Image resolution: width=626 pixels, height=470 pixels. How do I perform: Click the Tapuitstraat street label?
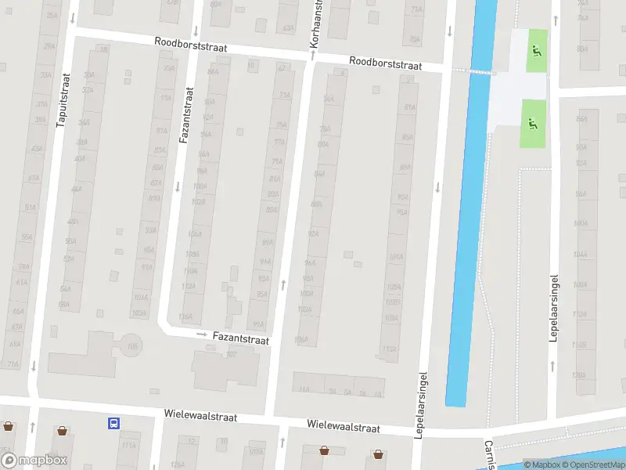click(63, 99)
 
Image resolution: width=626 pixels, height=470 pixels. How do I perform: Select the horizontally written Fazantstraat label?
click(240, 340)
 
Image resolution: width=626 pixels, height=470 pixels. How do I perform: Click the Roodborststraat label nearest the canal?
click(385, 63)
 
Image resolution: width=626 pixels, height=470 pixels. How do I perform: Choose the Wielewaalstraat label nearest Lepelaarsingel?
click(344, 428)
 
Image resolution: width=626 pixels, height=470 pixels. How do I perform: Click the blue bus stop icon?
click(114, 424)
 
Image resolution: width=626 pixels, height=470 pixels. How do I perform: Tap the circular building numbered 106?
click(131, 345)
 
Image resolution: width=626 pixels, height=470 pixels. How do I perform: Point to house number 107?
click(231, 355)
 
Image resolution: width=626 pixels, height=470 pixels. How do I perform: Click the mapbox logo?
click(34, 461)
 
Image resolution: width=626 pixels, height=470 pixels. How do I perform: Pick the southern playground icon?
click(533, 123)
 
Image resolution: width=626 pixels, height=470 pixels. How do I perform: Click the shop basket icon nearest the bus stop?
click(62, 430)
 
